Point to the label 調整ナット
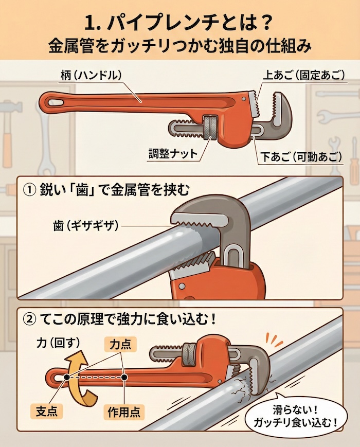click(x=172, y=153)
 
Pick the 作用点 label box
click(x=125, y=411)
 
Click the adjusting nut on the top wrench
click(x=210, y=128)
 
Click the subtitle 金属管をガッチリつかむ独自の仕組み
click(x=180, y=46)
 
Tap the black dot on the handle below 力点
click(x=124, y=377)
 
